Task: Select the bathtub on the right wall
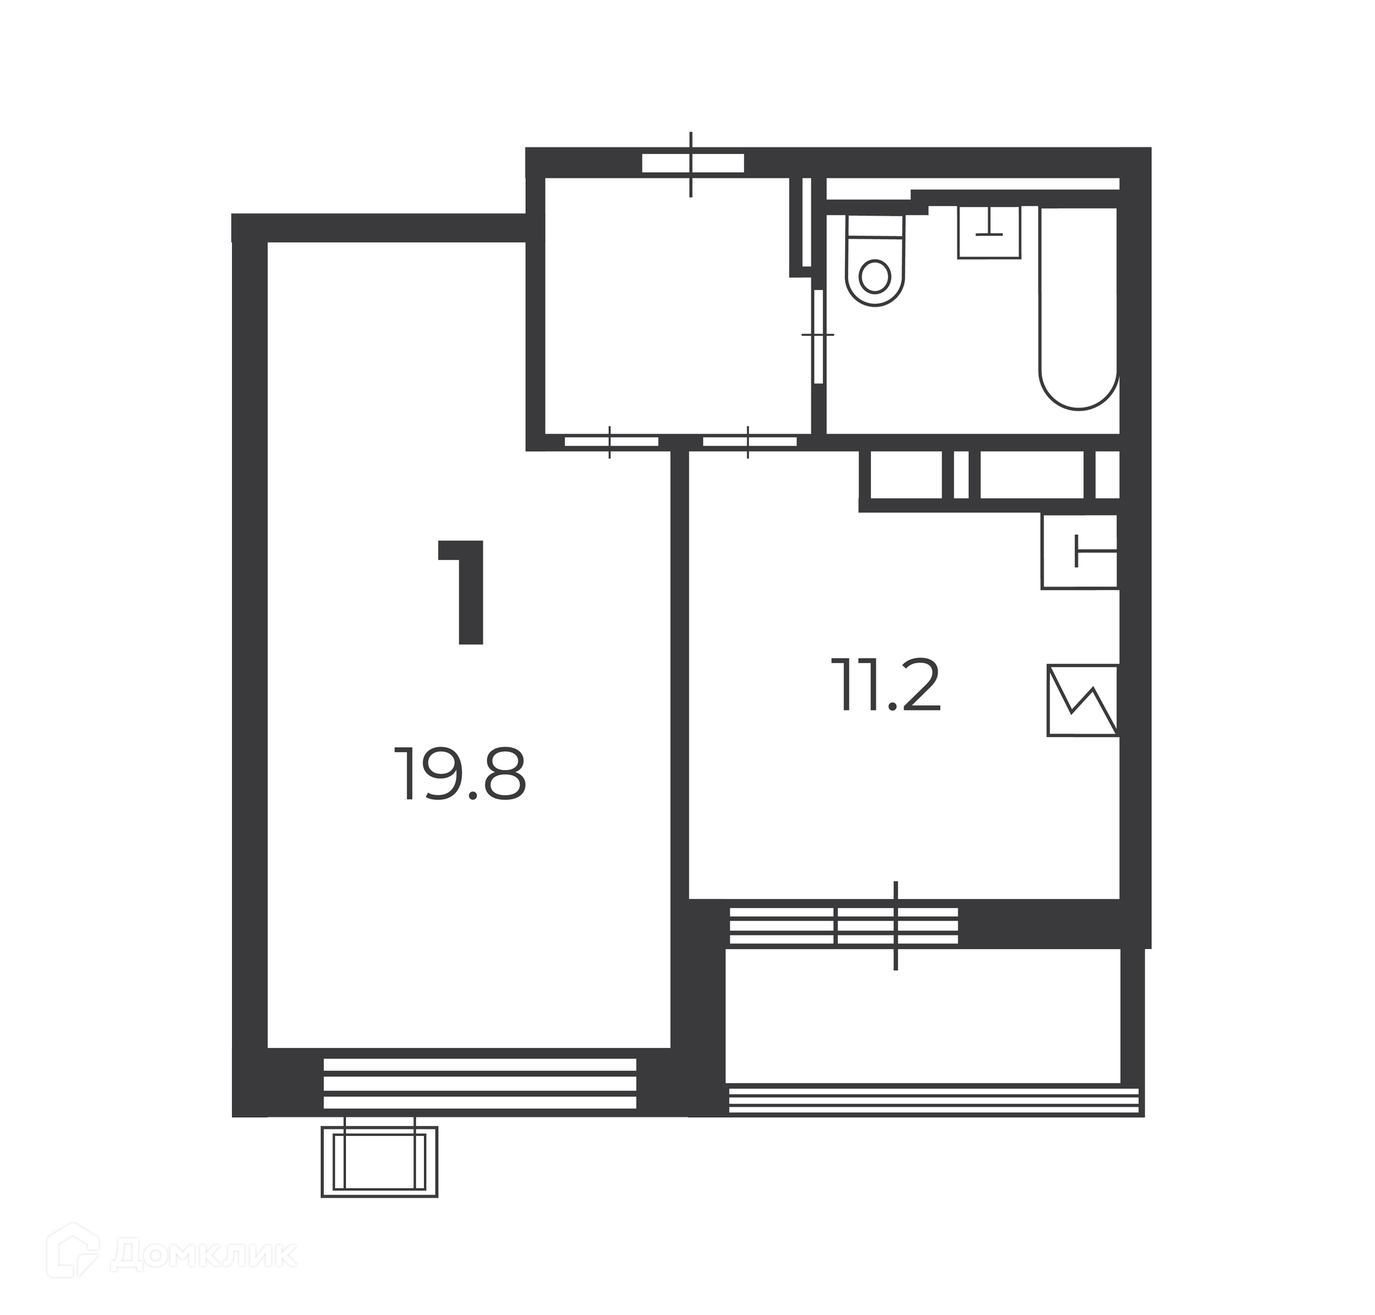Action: [1079, 308]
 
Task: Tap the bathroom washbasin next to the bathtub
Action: [990, 232]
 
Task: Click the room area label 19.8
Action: [460, 774]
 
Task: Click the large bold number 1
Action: [462, 592]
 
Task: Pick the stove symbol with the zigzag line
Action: [1083, 700]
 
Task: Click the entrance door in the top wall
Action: [693, 163]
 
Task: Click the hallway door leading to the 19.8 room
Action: [611, 441]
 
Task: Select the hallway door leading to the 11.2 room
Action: [749, 441]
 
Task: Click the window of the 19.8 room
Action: [480, 1083]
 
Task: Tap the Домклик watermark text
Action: [204, 1253]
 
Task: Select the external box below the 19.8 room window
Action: [380, 1160]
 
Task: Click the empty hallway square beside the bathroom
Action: [677, 305]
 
